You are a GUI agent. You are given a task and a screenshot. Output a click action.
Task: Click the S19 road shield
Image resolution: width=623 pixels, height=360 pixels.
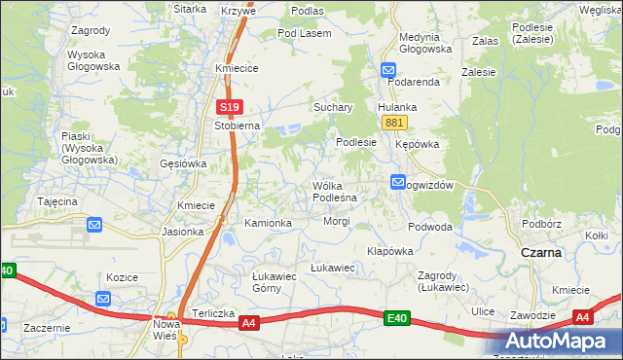[229, 107]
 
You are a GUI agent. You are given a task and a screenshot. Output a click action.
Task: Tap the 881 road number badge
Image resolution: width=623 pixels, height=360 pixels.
[394, 122]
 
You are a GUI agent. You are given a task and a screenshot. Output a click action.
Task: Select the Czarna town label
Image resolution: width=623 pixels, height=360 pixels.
[541, 252]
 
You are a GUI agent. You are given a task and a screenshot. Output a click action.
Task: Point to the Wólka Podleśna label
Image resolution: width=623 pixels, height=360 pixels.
[335, 191]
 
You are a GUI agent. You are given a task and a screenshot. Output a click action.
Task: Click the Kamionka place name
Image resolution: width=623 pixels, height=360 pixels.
[269, 223]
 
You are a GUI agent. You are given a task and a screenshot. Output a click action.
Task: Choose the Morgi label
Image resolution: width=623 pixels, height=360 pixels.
[337, 221]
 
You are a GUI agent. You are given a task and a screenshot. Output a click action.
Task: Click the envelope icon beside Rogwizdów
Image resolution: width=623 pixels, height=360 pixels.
[398, 182]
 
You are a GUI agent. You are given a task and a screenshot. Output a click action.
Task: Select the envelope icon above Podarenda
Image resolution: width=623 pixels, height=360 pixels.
[387, 69]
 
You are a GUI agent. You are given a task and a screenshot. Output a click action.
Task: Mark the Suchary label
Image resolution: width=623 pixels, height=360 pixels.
[332, 107]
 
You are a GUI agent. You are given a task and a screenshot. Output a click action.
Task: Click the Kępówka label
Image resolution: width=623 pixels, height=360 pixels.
[419, 144]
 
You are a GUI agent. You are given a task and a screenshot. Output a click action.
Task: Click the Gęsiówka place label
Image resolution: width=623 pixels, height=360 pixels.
[182, 163]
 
